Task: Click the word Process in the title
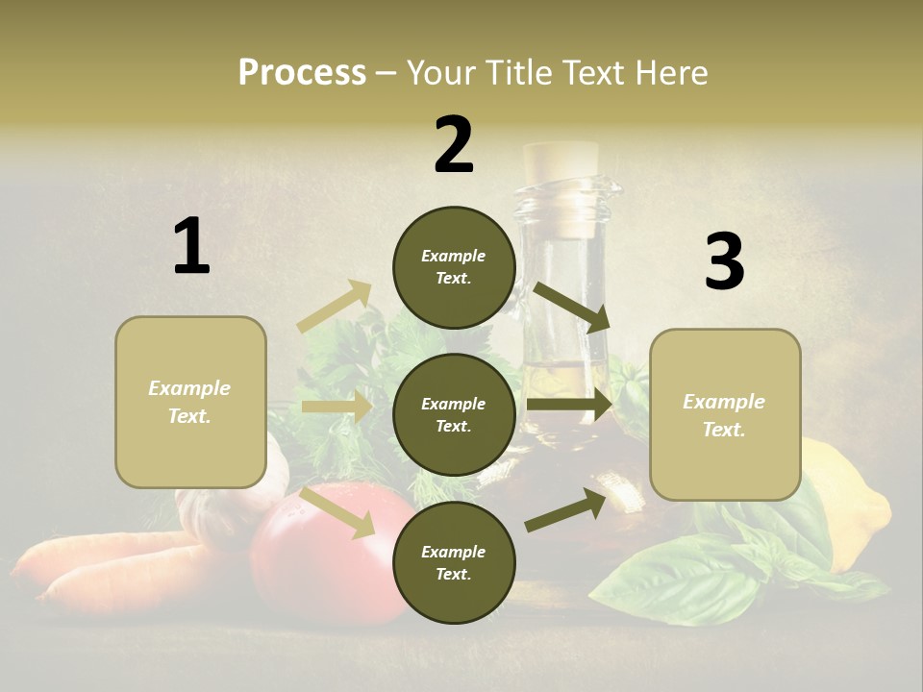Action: (x=302, y=73)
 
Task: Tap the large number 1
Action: (x=191, y=247)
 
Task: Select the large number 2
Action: (x=454, y=145)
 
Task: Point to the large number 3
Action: (x=724, y=262)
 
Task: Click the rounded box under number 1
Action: (x=190, y=402)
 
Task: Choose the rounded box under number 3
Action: (x=725, y=414)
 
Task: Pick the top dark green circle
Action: (x=454, y=267)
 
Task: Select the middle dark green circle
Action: (x=454, y=414)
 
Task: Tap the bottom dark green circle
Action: (x=454, y=562)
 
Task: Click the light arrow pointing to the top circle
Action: (x=336, y=307)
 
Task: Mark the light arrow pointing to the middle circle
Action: (x=337, y=407)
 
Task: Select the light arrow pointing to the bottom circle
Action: (x=337, y=512)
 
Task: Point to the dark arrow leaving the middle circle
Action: (x=570, y=405)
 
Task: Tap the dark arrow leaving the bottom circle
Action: (x=566, y=509)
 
